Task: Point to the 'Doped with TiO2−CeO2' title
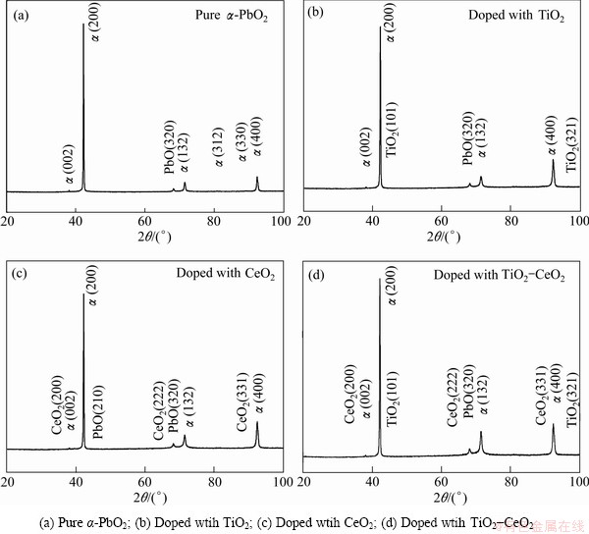click(x=499, y=276)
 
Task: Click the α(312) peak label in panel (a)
click(x=218, y=143)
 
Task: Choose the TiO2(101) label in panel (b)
click(x=391, y=129)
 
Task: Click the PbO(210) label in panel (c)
click(x=96, y=413)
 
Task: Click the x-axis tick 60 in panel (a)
click(x=144, y=220)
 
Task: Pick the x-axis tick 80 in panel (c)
click(x=213, y=483)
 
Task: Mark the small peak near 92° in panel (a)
click(x=257, y=178)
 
